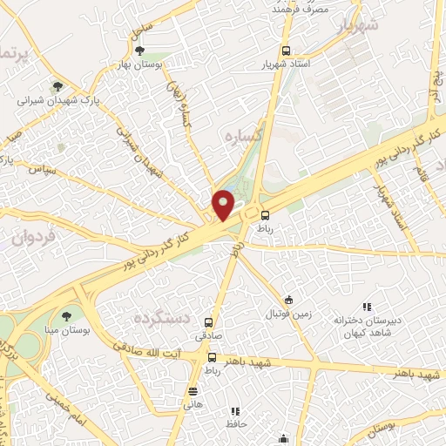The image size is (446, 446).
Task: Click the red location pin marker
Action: click(x=223, y=205)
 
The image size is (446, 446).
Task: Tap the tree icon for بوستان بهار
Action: click(x=139, y=51)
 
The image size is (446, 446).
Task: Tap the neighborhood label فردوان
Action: click(x=34, y=238)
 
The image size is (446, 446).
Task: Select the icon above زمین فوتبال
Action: click(x=288, y=298)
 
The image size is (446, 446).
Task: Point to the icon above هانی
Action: click(x=193, y=391)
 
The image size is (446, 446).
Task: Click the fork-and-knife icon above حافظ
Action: click(x=234, y=410)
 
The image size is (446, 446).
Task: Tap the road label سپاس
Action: click(x=41, y=167)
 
